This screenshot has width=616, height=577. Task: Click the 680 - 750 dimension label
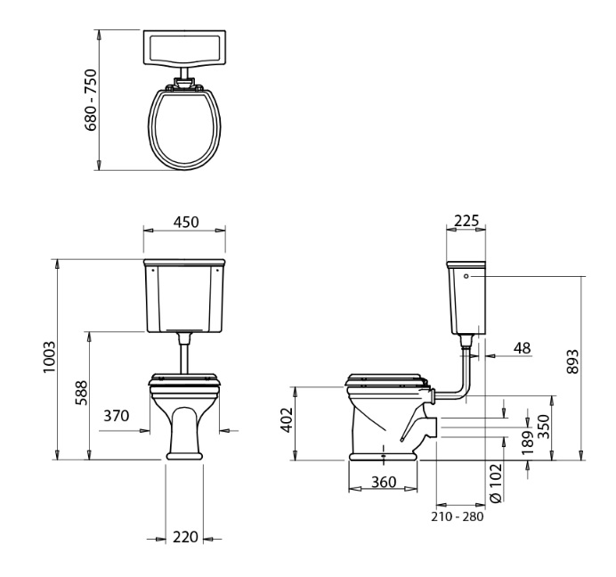91,100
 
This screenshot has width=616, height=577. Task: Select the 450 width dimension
186,222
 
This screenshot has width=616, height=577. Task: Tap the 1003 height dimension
50,357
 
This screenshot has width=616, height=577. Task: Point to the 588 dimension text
81,393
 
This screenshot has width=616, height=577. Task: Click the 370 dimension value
117,416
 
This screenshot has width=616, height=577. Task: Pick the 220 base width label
185,537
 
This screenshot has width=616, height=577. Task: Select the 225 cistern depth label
466,221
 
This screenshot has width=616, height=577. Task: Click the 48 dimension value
523,348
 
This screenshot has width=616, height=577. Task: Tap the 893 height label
573,362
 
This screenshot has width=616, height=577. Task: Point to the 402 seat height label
288,420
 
